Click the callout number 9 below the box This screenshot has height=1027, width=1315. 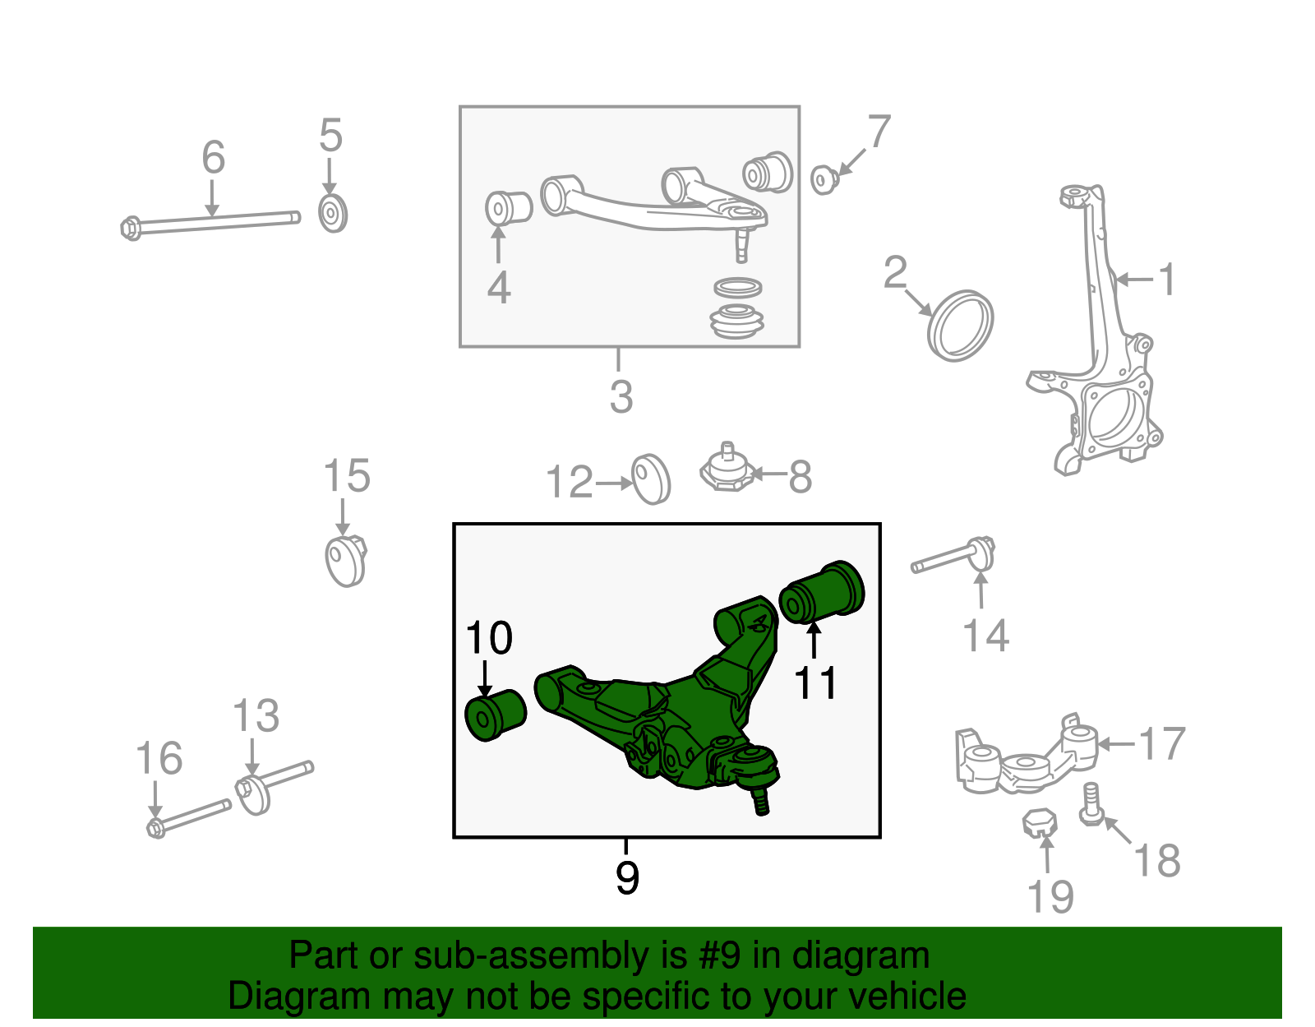627,878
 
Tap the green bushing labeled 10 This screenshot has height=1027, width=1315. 495,715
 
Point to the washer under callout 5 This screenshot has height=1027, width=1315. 332,214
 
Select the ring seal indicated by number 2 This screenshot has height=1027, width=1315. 960,326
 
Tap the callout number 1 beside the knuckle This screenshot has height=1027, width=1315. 1167,280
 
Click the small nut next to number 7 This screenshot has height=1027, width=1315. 823,178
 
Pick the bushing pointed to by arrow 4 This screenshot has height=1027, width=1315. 507,207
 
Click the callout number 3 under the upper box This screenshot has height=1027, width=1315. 621,396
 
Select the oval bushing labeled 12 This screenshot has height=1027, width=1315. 651,479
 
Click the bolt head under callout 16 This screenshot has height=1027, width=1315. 156,826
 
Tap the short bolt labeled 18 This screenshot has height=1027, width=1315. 1091,803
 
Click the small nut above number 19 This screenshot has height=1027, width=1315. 1040,821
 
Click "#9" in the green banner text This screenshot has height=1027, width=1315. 720,956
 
